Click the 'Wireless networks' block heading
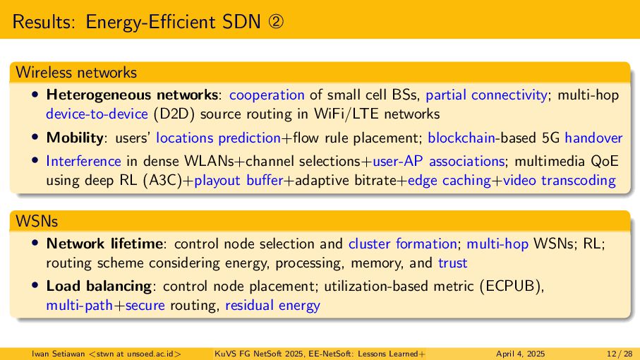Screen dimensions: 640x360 pos(76,72)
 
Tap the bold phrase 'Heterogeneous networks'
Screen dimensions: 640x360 pos(132,95)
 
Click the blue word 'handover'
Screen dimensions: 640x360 pos(593,138)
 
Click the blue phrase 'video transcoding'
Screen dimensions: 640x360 pos(579,180)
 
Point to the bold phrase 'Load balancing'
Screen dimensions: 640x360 pos(99,287)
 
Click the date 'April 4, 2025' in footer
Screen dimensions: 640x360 pos(520,353)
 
